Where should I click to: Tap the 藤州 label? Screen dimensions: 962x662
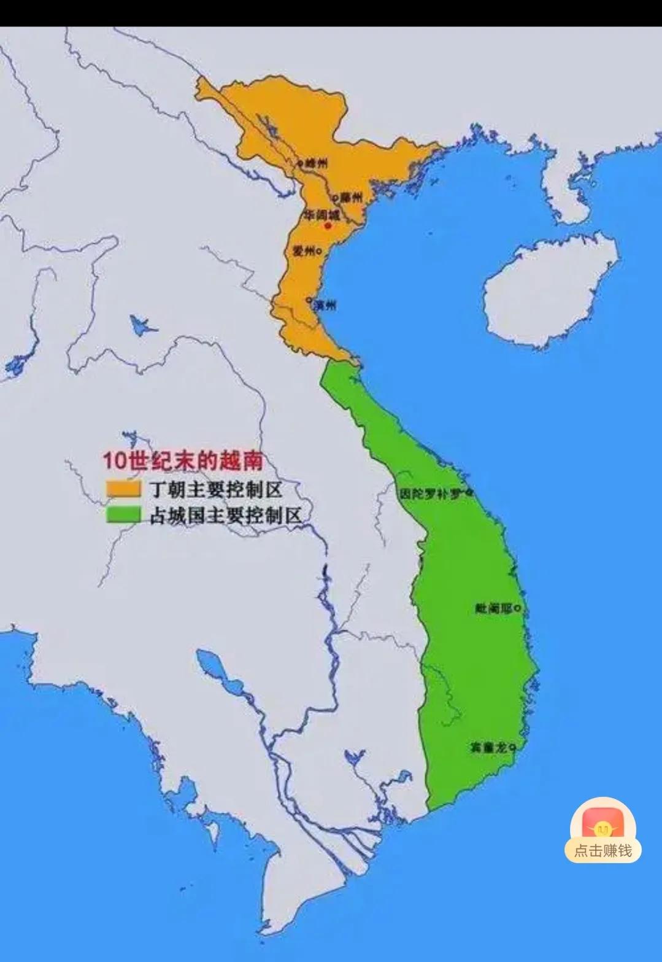[352, 198]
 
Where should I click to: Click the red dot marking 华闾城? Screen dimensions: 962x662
[328, 226]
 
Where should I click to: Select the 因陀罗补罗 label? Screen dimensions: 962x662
[431, 493]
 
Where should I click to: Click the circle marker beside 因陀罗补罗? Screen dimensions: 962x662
[469, 492]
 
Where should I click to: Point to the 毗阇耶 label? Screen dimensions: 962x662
[493, 608]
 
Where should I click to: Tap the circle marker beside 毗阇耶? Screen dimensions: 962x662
[518, 608]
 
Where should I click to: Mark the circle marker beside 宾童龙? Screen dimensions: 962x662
[512, 747]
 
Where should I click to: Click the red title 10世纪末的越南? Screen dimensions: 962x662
[182, 460]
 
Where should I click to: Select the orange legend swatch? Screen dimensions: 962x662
[124, 489]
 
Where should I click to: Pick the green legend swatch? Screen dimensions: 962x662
[124, 514]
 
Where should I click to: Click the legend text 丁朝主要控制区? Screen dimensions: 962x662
[215, 489]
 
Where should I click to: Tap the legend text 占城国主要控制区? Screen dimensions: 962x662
[225, 515]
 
